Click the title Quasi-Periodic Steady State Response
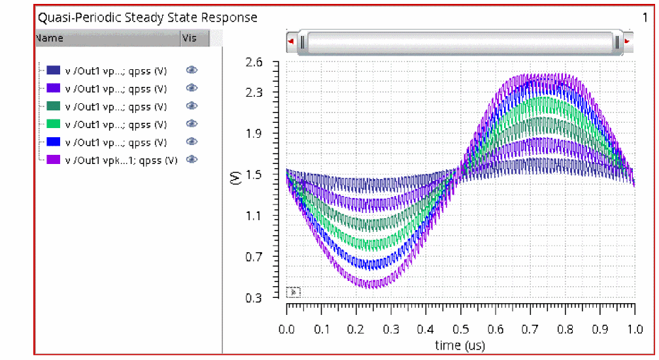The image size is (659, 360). click(147, 18)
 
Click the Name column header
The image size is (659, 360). click(50, 38)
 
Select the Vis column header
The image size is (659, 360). click(189, 38)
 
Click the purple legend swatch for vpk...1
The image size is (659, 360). click(54, 159)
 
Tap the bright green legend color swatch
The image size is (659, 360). click(54, 124)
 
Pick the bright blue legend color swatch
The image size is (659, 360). click(54, 142)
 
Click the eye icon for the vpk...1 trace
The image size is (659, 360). click(192, 159)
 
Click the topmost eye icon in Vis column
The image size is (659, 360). click(192, 70)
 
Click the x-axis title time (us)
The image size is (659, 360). click(460, 344)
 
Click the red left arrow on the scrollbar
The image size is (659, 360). click(291, 41)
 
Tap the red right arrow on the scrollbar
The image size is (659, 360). click(628, 41)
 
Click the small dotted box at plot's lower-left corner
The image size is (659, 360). click(293, 291)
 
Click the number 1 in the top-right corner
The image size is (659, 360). click(645, 18)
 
